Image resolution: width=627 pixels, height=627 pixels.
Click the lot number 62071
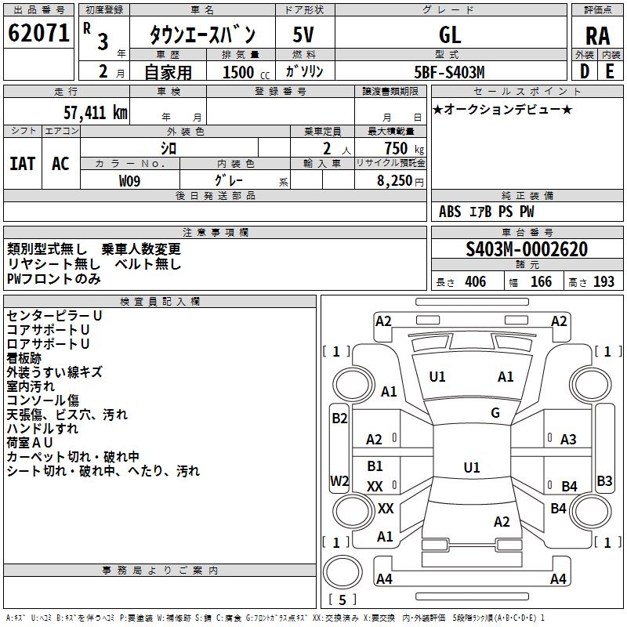[38, 33]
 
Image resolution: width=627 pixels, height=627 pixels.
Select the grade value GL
[450, 34]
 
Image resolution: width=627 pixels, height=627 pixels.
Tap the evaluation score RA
[598, 36]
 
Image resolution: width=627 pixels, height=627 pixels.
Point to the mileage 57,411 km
[96, 113]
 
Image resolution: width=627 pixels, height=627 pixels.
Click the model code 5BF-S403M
[449, 72]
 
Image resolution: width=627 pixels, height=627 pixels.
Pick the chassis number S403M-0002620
[527, 249]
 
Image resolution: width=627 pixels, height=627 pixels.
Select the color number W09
[129, 181]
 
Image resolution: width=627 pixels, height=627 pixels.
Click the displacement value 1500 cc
[246, 72]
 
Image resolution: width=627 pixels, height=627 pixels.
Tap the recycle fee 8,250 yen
[400, 181]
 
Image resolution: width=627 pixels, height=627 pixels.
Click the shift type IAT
[23, 164]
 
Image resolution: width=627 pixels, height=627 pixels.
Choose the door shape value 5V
[303, 34]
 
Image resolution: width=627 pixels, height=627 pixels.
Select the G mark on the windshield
[495, 413]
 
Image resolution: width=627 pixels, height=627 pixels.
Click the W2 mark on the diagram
[339, 480]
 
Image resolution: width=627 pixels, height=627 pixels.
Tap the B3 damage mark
[604, 480]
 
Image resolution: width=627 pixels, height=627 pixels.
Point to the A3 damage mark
[568, 440]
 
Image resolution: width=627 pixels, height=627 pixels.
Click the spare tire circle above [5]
[342, 572]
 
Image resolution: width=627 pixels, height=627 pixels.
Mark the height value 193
[603, 282]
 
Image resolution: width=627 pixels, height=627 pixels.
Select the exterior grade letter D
[585, 71]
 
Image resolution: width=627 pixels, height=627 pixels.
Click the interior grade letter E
[610, 71]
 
